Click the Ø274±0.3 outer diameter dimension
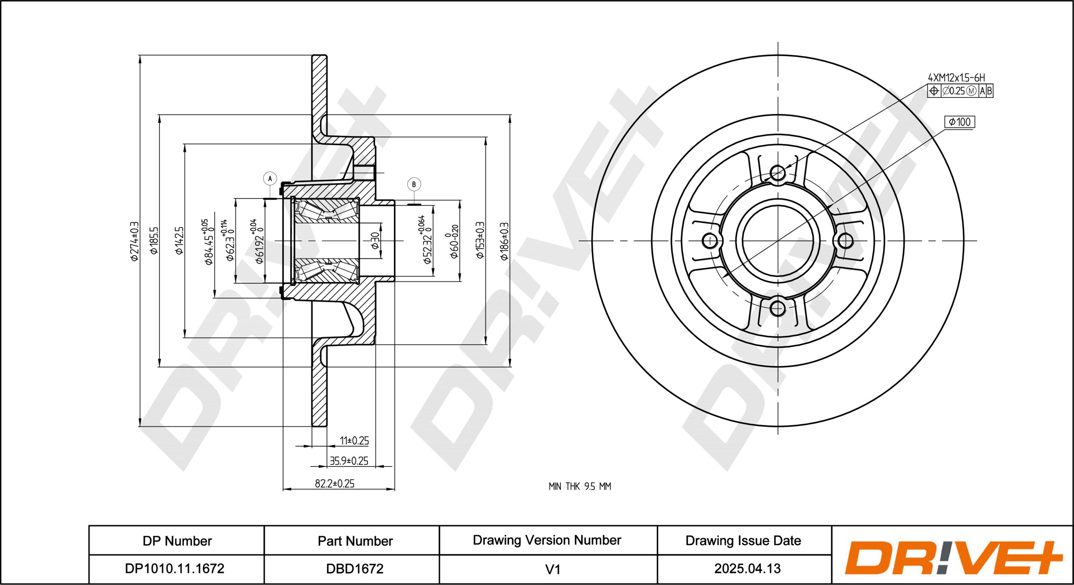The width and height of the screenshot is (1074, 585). pos(134,241)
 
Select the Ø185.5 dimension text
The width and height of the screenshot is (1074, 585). pos(154,240)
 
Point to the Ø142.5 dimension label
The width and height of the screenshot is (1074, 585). pos(179,240)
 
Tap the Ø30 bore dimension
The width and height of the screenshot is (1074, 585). pos(375,240)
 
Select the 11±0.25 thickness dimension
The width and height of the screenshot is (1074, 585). pos(354,440)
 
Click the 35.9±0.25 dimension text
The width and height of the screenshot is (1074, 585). pos(349,461)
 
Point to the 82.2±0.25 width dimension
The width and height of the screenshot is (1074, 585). pos(335,483)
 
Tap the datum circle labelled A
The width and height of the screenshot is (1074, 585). pos(270,179)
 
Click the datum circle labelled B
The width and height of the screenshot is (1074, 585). pos(414,185)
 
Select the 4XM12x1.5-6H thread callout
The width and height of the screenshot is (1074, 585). pos(956,78)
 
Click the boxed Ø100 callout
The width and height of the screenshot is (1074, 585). pos(960,122)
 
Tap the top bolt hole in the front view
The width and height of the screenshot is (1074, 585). pos(778,173)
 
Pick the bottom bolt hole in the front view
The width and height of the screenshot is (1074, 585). pos(778,308)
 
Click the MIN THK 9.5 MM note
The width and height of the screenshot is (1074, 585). pos(580,486)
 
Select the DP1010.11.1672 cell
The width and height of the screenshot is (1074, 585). pos(174,568)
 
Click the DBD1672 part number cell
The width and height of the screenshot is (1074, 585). pos(355,569)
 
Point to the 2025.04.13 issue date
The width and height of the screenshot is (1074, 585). pos(747,568)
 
